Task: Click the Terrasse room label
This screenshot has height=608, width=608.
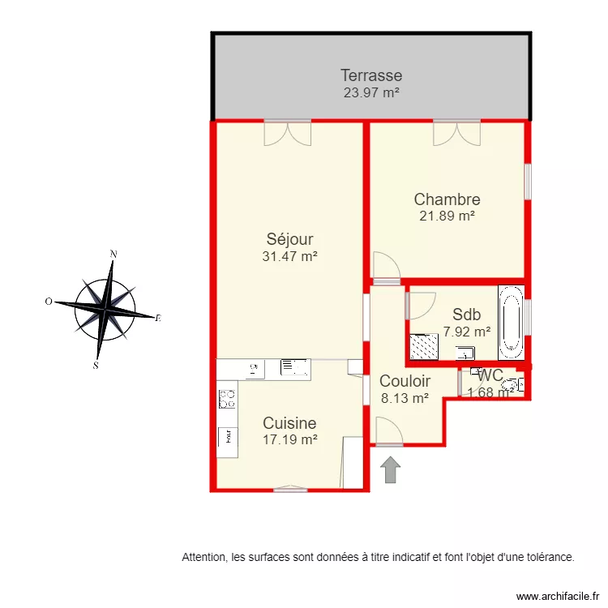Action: point(371,76)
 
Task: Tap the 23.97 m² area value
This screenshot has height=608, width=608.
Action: point(371,92)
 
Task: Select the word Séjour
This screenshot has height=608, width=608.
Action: point(289,239)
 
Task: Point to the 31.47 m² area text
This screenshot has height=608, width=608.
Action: point(289,256)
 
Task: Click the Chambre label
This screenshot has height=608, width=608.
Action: point(447,199)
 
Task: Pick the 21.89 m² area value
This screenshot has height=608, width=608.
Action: point(447,216)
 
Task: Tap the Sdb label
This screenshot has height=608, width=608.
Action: point(467,315)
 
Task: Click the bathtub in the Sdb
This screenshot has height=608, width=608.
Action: point(511,323)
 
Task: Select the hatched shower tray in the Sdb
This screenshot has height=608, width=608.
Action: point(422,347)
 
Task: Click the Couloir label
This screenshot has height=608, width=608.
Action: point(405,381)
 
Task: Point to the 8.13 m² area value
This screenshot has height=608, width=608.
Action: point(405,398)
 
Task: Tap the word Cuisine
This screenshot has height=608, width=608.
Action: point(289,423)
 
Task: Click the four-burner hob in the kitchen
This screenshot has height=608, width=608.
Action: point(227,399)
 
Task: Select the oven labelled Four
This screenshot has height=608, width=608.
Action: point(227,435)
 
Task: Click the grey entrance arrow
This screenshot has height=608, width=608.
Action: point(390,469)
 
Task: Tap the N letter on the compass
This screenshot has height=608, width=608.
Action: point(113,254)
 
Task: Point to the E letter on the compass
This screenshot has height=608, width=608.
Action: point(158,319)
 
